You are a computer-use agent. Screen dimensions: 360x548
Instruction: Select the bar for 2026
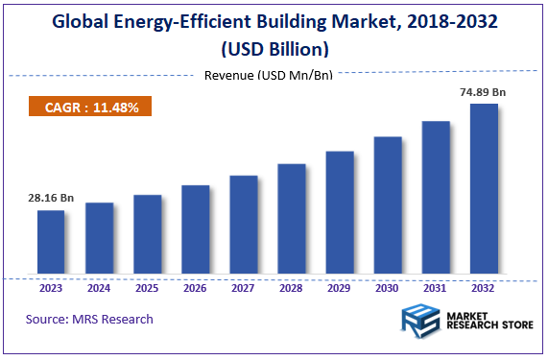pyautogui.click(x=196, y=231)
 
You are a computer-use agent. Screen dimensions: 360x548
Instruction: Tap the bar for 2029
pyautogui.click(x=340, y=214)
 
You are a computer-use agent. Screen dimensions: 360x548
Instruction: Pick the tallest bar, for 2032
pyautogui.click(x=484, y=190)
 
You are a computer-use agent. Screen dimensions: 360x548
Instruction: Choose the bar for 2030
pyautogui.click(x=388, y=207)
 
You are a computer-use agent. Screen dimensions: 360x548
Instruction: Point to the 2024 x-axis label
pyautogui.click(x=99, y=287)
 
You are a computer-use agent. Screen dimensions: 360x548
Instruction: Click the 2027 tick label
pyautogui.click(x=244, y=287)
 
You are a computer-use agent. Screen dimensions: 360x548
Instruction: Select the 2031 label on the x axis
pyautogui.click(x=436, y=287)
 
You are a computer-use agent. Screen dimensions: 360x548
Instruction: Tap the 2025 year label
pyautogui.click(x=147, y=287)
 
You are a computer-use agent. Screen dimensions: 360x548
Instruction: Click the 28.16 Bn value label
pyautogui.click(x=51, y=199)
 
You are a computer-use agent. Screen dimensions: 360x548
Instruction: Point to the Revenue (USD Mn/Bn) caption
pyautogui.click(x=269, y=75)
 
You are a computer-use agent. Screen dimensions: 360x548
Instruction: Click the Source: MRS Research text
pyautogui.click(x=89, y=319)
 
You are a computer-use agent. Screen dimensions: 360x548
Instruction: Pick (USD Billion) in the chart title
pyautogui.click(x=273, y=49)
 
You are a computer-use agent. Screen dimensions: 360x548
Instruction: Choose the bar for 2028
pyautogui.click(x=292, y=221)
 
